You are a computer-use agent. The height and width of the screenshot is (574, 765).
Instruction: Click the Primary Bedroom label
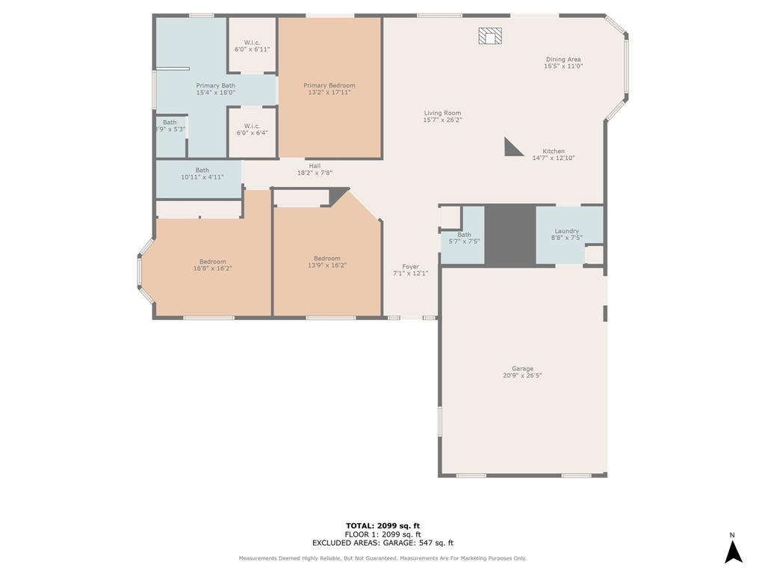click(329, 85)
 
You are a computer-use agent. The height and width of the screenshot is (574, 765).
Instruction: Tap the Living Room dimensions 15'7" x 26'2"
click(442, 120)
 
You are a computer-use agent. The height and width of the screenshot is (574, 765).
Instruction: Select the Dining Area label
click(563, 60)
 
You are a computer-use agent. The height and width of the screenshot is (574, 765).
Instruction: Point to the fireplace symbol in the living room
click(490, 36)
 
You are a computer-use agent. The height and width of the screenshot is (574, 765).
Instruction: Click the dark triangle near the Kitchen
click(512, 148)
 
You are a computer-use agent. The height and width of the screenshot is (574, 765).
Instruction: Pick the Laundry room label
click(566, 231)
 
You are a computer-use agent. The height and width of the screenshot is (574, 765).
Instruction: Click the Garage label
click(522, 368)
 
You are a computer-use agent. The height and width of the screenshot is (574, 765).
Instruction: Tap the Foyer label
click(410, 267)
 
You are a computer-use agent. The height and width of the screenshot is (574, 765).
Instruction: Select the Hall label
click(315, 166)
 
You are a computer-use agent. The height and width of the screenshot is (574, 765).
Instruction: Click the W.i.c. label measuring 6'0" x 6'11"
click(252, 43)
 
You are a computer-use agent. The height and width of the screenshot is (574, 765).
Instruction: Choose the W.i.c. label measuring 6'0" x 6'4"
click(252, 126)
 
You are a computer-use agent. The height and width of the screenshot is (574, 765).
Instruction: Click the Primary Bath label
click(215, 85)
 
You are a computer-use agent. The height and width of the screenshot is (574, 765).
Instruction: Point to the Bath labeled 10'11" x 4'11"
click(202, 170)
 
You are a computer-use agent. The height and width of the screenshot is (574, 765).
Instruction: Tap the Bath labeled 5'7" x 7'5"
click(464, 235)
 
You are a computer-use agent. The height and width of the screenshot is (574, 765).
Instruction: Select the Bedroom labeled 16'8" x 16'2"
click(212, 262)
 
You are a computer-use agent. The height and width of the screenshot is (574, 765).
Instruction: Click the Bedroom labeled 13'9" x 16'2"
click(326, 259)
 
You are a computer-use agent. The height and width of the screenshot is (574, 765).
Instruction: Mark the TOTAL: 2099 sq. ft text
click(382, 525)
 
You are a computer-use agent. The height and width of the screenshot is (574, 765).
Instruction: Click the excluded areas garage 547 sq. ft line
click(382, 543)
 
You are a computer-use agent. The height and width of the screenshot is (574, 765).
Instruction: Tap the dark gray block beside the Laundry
click(510, 235)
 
